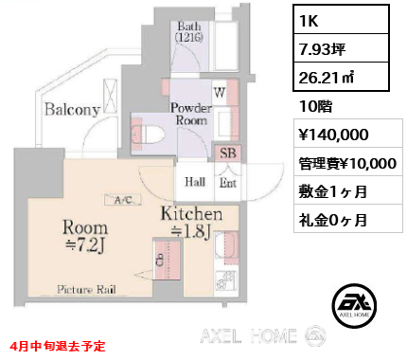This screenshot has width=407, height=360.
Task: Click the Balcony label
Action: tap(70, 108)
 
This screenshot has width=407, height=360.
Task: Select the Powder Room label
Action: tap(190, 114)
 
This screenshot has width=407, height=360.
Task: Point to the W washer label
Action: tap(219, 94)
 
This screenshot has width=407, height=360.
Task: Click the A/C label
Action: tap(123, 201)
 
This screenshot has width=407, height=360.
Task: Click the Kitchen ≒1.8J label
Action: tap(195, 224)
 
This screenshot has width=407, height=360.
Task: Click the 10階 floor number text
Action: tap(311, 107)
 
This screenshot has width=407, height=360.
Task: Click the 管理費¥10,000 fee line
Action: tap(346, 163)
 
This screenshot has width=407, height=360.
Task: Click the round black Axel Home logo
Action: tap(358, 305)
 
